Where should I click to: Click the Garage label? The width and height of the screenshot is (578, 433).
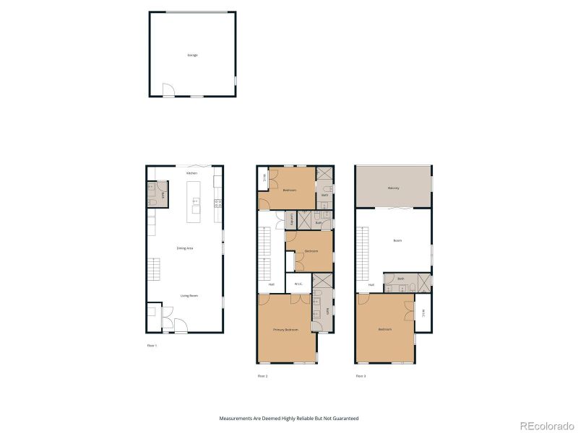pos(192,55)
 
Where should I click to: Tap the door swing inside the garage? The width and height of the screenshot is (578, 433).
pos(168,91)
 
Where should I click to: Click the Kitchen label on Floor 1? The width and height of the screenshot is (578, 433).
pos(191,173)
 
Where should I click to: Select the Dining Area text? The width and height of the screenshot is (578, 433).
pos(185,248)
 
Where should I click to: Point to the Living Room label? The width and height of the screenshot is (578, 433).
pos(189,296)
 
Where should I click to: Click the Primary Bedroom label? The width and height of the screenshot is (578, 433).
pos(285,330)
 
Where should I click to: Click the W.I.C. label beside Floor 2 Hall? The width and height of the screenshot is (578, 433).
pos(298,284)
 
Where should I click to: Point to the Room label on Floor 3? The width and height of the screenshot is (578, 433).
pos(397,240)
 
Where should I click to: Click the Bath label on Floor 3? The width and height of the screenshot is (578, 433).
pos(400,279)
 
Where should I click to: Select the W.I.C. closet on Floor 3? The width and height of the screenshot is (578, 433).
pos(423,313)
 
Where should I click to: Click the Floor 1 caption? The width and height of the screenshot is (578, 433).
pos(152,346)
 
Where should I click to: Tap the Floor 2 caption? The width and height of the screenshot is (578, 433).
pos(262,376)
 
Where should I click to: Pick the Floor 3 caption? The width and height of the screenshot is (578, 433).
pos(360,376)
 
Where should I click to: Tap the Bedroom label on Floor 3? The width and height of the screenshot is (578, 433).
pos(384,330)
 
